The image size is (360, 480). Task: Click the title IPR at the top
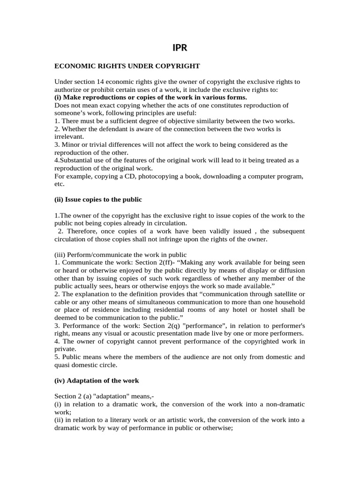pos(180,47)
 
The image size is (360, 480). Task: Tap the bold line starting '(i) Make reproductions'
pos(150,97)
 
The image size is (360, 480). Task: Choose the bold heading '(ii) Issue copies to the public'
pos(98,199)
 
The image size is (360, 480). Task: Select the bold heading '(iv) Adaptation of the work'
pos(97,380)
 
